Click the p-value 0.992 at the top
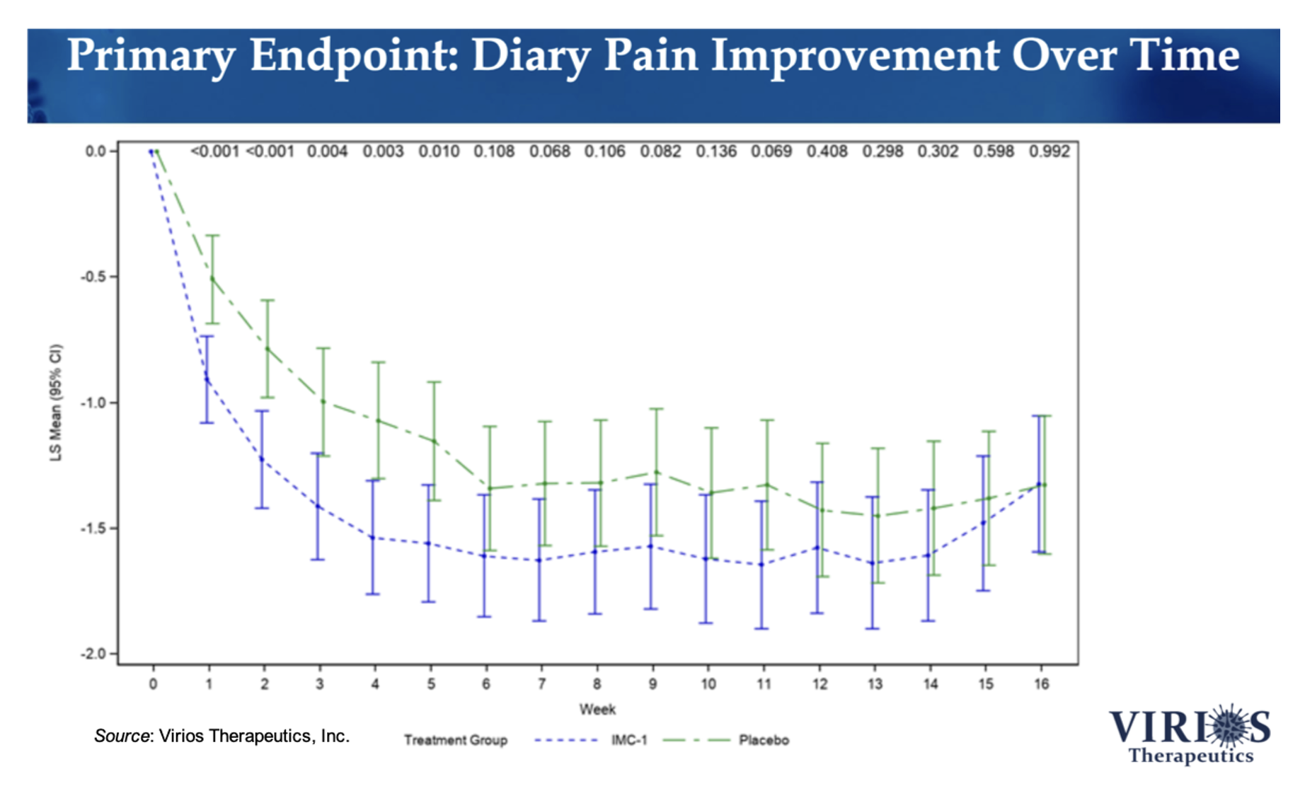pos(1049,151)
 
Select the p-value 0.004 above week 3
pos(327,151)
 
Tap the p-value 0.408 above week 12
pos(827,151)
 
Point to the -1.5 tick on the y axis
pos(94,529)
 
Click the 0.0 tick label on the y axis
pos(95,151)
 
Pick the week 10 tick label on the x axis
pos(708,684)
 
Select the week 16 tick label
pos(1041,684)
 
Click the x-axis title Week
pos(597,709)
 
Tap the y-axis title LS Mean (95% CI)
pos(56,403)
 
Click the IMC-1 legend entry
pos(628,740)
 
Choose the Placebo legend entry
pos(764,740)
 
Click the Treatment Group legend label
pos(456,740)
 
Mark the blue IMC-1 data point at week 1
pos(207,380)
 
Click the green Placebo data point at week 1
pos(212,278)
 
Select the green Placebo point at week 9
pos(657,472)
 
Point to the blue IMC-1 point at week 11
pos(761,565)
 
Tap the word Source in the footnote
pos(122,736)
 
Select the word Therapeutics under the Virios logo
pos(1190,756)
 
